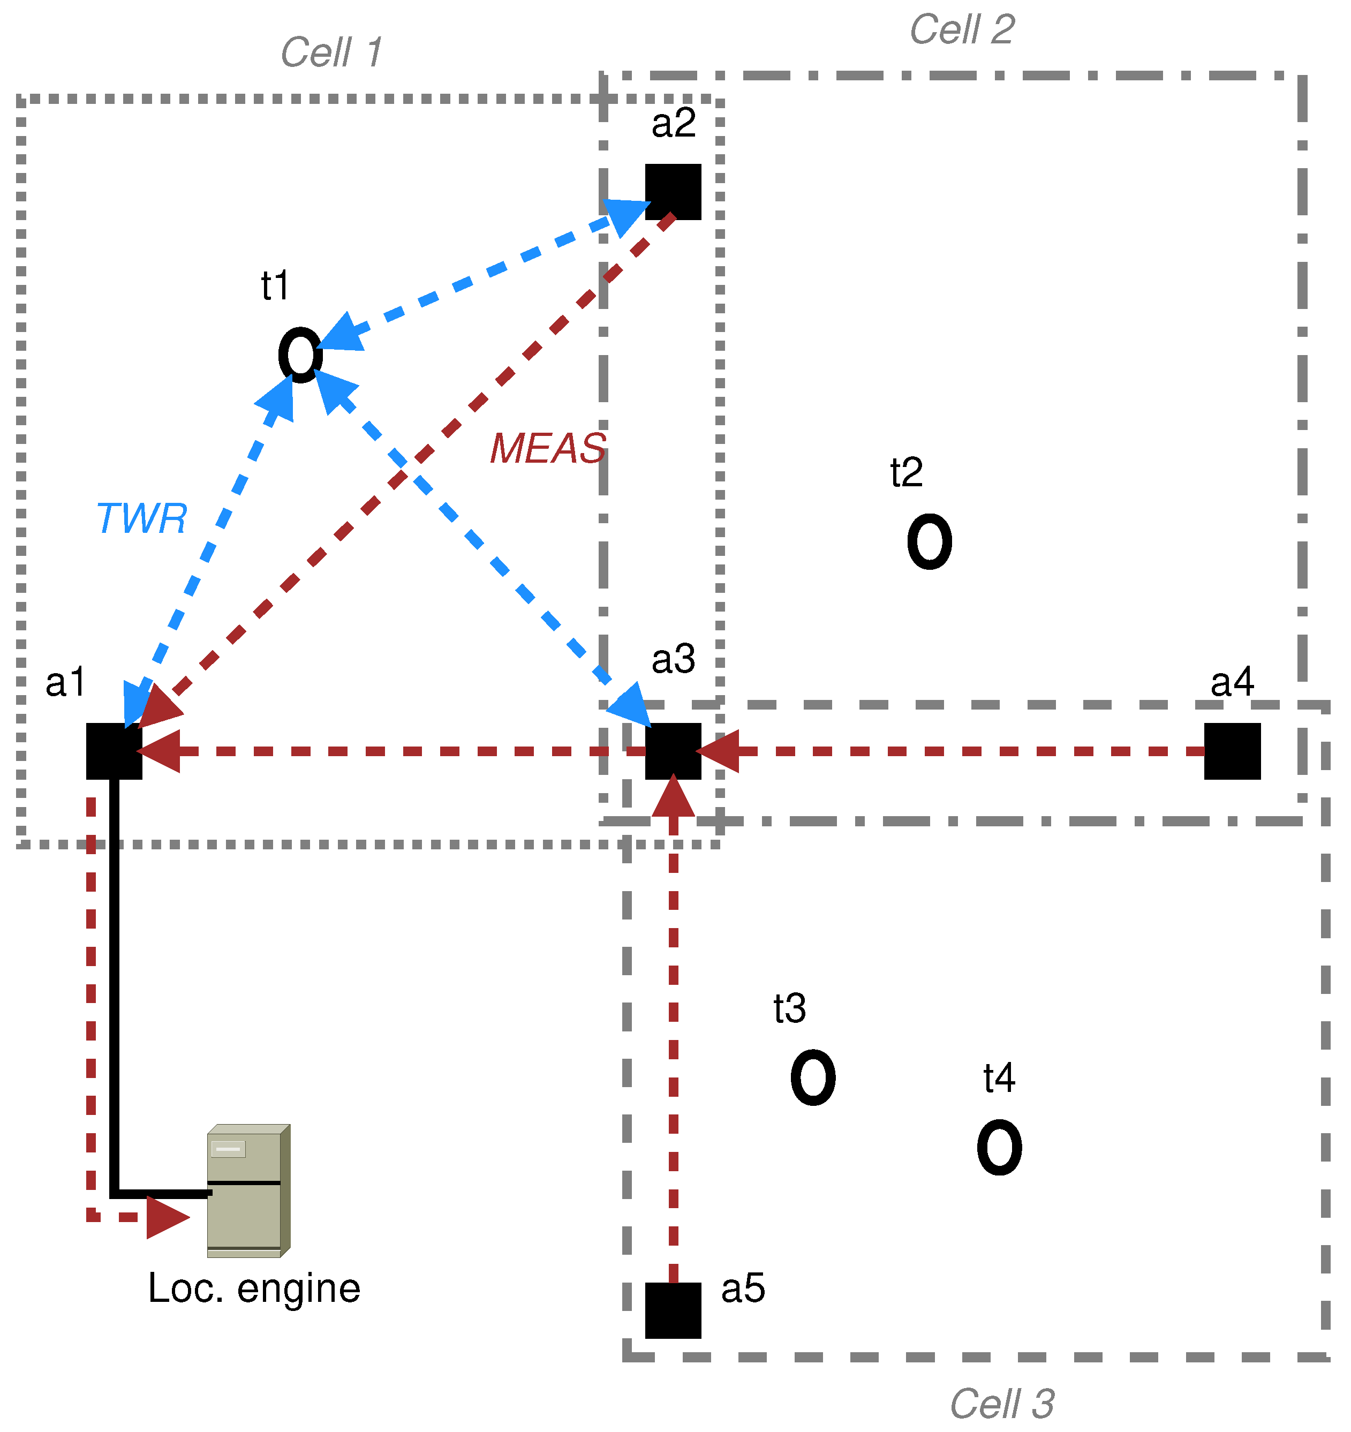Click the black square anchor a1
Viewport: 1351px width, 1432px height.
point(114,751)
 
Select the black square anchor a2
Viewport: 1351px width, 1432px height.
point(673,192)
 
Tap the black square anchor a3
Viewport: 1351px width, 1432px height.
point(673,751)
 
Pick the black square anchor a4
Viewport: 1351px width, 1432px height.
point(1232,751)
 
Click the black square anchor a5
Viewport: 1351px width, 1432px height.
point(673,1310)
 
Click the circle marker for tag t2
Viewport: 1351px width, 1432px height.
point(929,541)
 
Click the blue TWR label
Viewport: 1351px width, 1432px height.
point(141,518)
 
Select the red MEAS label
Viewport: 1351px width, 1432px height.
point(548,448)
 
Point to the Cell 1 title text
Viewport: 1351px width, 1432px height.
point(331,52)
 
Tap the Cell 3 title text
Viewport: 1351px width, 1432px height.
point(1002,1404)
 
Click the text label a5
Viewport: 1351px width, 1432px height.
point(743,1288)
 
